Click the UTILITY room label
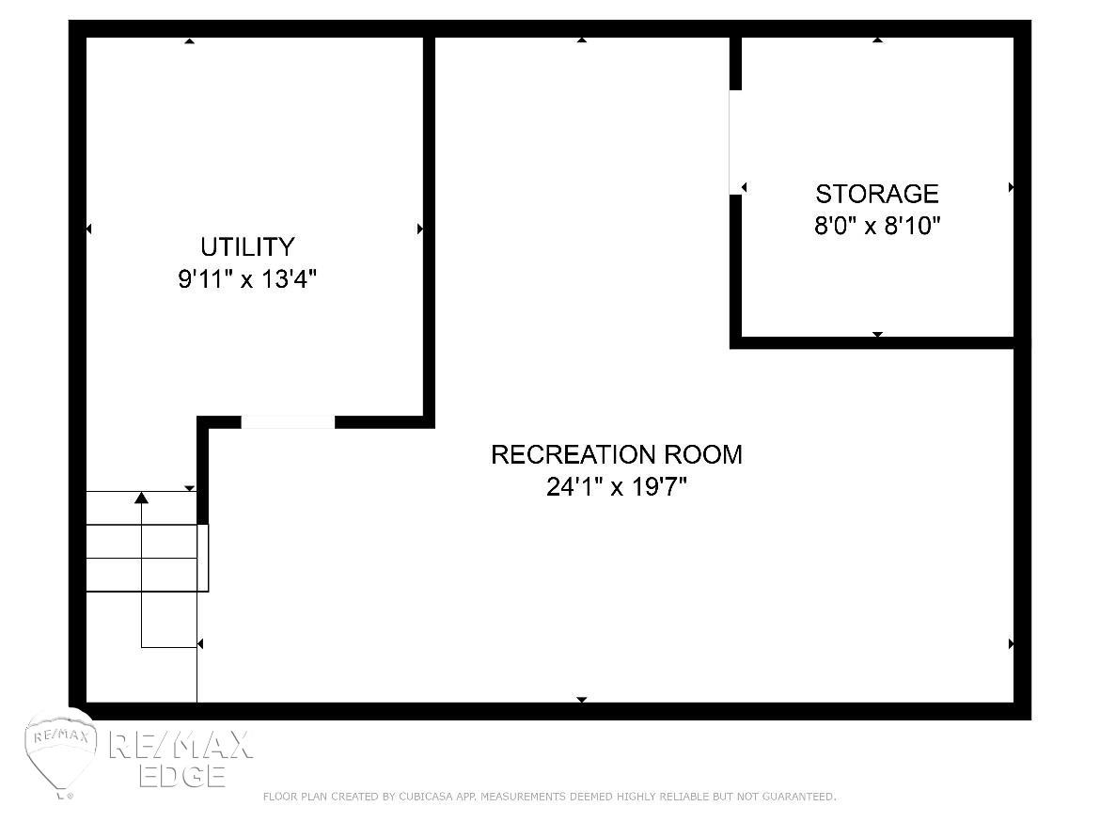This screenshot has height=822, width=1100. pyautogui.click(x=247, y=247)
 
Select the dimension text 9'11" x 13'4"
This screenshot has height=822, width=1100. pyautogui.click(x=247, y=279)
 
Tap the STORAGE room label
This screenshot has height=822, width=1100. pyautogui.click(x=877, y=193)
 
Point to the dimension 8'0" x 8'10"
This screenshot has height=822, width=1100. pyautogui.click(x=877, y=226)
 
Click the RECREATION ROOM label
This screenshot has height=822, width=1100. pyautogui.click(x=617, y=454)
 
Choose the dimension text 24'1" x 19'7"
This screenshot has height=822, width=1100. pyautogui.click(x=617, y=486)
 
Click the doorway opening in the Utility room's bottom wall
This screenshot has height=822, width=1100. pyautogui.click(x=288, y=422)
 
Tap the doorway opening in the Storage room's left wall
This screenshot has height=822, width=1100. pyautogui.click(x=735, y=143)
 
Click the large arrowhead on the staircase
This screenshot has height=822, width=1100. pyautogui.click(x=142, y=498)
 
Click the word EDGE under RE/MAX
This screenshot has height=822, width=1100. pyautogui.click(x=182, y=776)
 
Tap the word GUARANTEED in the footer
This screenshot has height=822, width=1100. pyautogui.click(x=799, y=796)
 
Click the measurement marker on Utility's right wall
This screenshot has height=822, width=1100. pyautogui.click(x=420, y=229)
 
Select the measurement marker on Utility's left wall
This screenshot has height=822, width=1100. pyautogui.click(x=89, y=229)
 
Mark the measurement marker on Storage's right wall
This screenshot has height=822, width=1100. pyautogui.click(x=1011, y=187)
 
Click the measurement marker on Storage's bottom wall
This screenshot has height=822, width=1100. pyautogui.click(x=877, y=334)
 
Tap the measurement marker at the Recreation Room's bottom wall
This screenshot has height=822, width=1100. pyautogui.click(x=582, y=699)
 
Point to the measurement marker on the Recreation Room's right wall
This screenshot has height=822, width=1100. pyautogui.click(x=1011, y=643)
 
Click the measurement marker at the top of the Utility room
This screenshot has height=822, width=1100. pyautogui.click(x=189, y=40)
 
